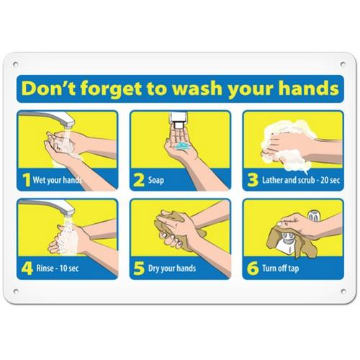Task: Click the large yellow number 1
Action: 27,180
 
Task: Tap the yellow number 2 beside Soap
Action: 139,180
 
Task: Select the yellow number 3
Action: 253,180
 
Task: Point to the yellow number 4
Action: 27,269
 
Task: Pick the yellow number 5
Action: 139,269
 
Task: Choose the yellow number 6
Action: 253,269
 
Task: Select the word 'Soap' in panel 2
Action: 156,180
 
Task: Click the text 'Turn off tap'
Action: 281,268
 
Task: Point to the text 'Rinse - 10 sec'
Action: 58,268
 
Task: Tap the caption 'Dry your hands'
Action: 172,269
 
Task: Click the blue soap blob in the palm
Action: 182,145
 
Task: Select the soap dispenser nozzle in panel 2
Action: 179,125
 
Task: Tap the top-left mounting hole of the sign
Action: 16,64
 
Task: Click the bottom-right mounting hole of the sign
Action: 343,291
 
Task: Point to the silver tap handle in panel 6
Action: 313,216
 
